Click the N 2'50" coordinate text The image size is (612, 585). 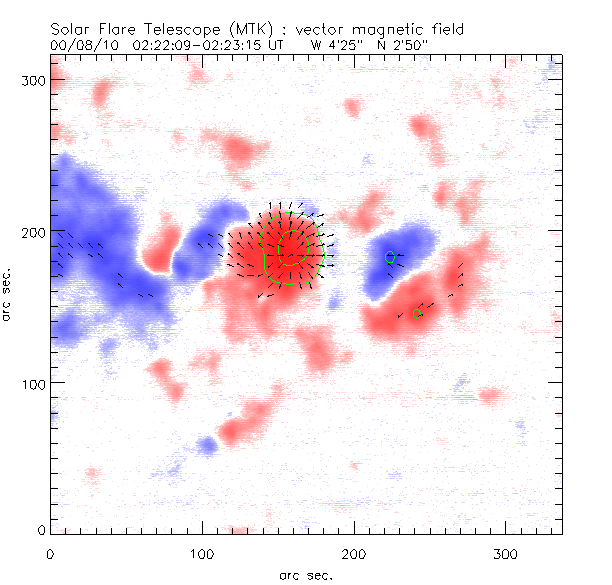click(x=406, y=46)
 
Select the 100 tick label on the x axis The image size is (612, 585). click(x=202, y=553)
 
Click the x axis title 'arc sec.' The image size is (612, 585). click(x=305, y=574)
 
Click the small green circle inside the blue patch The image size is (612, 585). click(x=391, y=257)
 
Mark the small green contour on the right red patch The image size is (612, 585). click(x=418, y=314)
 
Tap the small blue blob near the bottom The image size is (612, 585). click(x=207, y=444)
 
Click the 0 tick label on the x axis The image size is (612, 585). click(x=50, y=553)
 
